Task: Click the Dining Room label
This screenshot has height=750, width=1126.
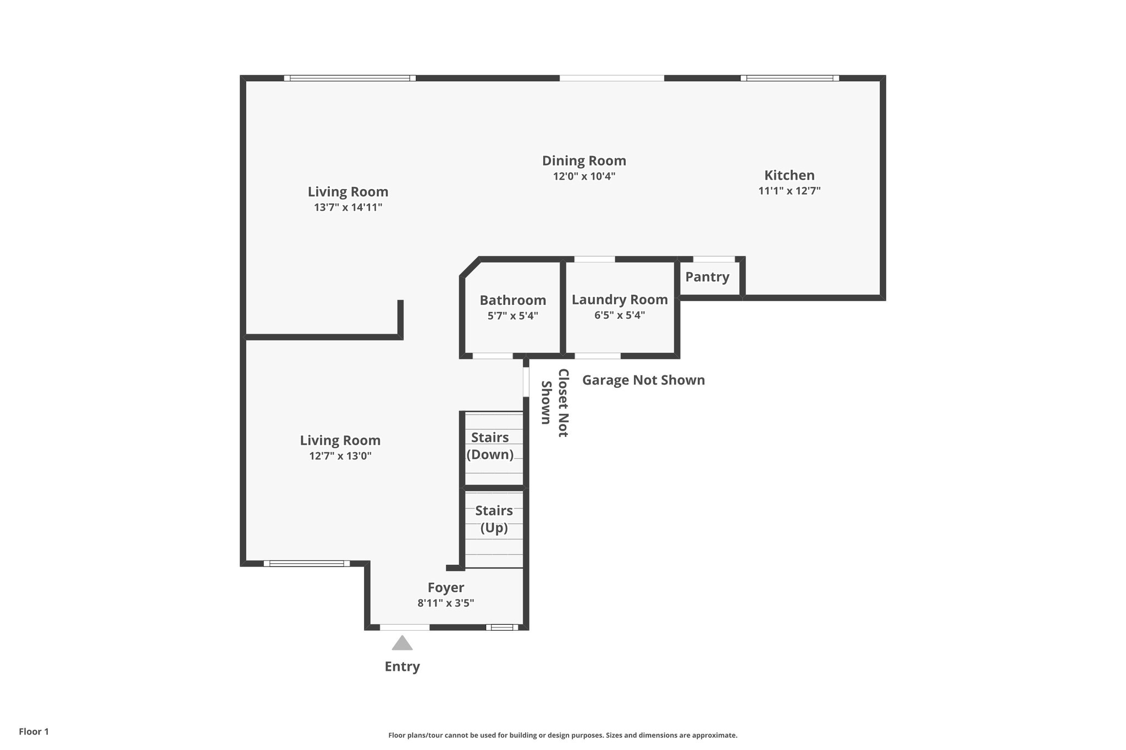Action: click(584, 161)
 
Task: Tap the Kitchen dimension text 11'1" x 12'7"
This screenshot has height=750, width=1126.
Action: click(790, 191)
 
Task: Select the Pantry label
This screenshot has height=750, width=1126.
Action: click(707, 277)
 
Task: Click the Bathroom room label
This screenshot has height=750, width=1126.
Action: click(512, 301)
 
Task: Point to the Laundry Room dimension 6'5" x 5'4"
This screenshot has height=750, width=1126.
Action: click(620, 315)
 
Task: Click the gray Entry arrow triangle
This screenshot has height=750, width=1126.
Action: click(402, 643)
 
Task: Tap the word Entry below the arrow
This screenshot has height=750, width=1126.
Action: click(402, 666)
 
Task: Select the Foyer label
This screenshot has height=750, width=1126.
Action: click(446, 588)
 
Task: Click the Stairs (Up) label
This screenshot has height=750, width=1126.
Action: click(494, 519)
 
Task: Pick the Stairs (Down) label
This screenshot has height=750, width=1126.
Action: click(490, 446)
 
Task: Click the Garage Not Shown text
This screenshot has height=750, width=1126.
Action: click(643, 380)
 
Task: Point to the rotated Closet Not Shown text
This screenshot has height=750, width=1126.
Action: click(554, 403)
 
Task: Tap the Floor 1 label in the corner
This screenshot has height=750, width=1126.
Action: click(34, 731)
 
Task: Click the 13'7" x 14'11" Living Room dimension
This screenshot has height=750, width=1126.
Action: click(348, 208)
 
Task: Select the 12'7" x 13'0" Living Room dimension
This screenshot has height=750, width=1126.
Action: click(340, 456)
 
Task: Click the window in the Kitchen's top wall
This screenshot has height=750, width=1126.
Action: click(790, 78)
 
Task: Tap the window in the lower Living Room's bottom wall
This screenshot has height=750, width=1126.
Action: click(307, 563)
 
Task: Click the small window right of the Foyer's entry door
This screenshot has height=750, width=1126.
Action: click(501, 627)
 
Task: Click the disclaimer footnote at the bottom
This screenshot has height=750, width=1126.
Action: click(562, 735)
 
